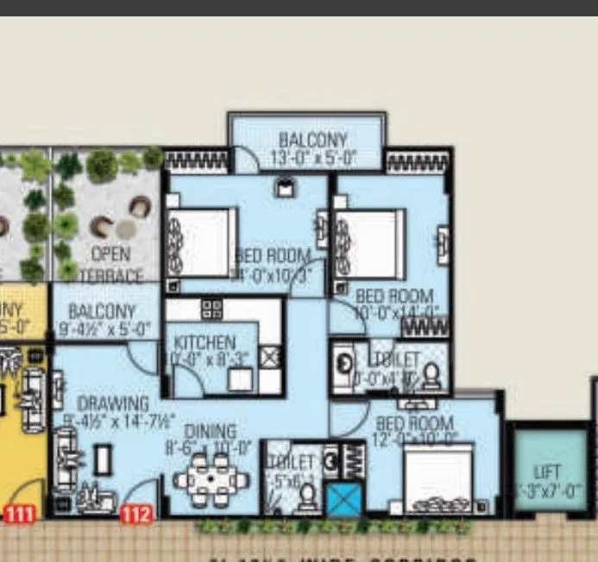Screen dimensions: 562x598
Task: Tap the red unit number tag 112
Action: (136, 515)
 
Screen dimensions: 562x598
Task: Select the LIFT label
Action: (547, 473)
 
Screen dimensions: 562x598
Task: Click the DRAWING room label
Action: (113, 404)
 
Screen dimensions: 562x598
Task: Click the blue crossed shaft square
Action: (343, 500)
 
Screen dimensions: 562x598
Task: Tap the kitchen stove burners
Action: (212, 310)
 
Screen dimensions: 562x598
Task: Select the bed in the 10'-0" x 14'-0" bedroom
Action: (374, 243)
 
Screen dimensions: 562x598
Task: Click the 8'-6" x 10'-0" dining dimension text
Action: (208, 448)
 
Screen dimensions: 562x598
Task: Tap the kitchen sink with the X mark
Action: (270, 357)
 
